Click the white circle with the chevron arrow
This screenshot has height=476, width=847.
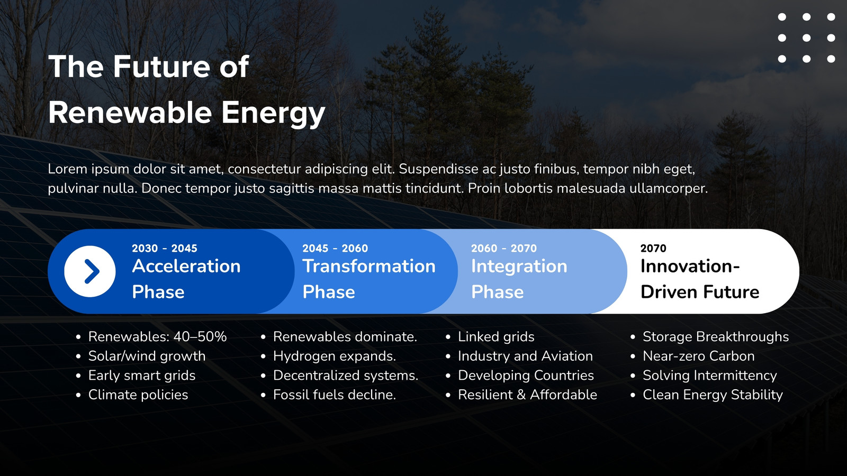pos(90,271)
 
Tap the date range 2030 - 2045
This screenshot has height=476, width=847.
pos(165,248)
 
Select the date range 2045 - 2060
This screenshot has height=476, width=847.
pos(335,248)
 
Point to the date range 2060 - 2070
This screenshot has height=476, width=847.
pos(503,248)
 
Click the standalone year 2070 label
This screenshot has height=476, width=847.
pos(653,248)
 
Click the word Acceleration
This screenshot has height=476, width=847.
pos(186,266)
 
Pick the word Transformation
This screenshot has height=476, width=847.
pos(369,266)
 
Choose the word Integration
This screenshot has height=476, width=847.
pos(519,267)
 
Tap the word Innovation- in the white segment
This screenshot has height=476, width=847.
pos(690,266)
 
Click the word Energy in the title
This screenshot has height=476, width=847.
pos(273,113)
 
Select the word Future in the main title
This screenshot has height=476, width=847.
pos(161,67)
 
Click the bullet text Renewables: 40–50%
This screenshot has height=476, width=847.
pos(157,336)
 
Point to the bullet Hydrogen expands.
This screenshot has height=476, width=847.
pos(335,356)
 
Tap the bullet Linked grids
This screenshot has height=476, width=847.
pos(496,336)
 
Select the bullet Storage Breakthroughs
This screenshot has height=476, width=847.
pos(716,336)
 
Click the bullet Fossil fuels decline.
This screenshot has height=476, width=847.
pos(335,395)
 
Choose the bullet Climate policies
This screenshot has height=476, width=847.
pos(138,395)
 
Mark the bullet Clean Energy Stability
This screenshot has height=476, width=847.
pos(713,395)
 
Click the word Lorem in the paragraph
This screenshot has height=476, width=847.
pos(67,169)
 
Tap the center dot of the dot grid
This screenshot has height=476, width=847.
pos(807,38)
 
